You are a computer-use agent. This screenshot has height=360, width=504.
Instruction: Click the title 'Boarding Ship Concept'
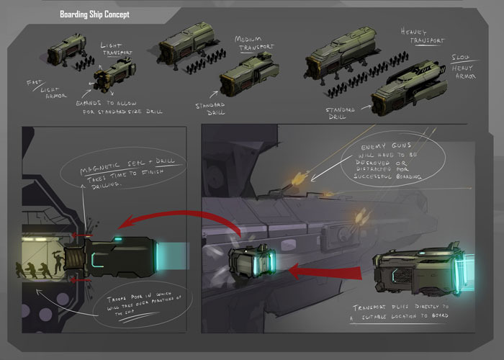pyautogui.click(x=96, y=14)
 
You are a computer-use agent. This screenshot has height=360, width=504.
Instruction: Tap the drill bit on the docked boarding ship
pyautogui.click(x=74, y=257)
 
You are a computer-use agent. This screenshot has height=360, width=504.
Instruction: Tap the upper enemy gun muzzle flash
pyautogui.click(x=297, y=176)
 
